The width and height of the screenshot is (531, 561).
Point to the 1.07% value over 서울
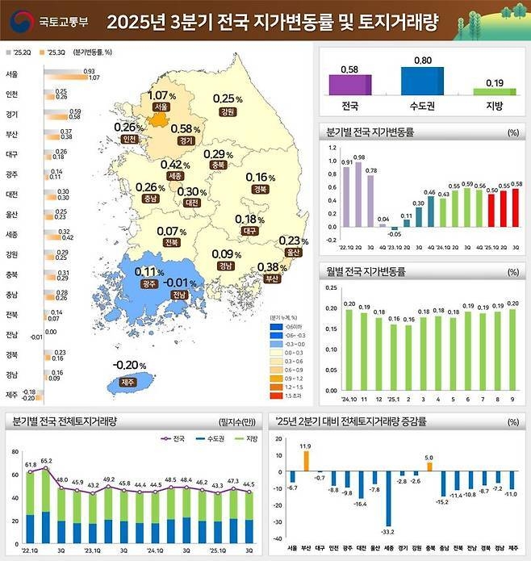(162, 95)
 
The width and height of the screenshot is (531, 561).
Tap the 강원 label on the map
(228, 111)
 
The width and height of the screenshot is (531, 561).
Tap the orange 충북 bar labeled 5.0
(429, 466)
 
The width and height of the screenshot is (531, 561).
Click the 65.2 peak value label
(47, 461)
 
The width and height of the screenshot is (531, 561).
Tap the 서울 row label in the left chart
(11, 74)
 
